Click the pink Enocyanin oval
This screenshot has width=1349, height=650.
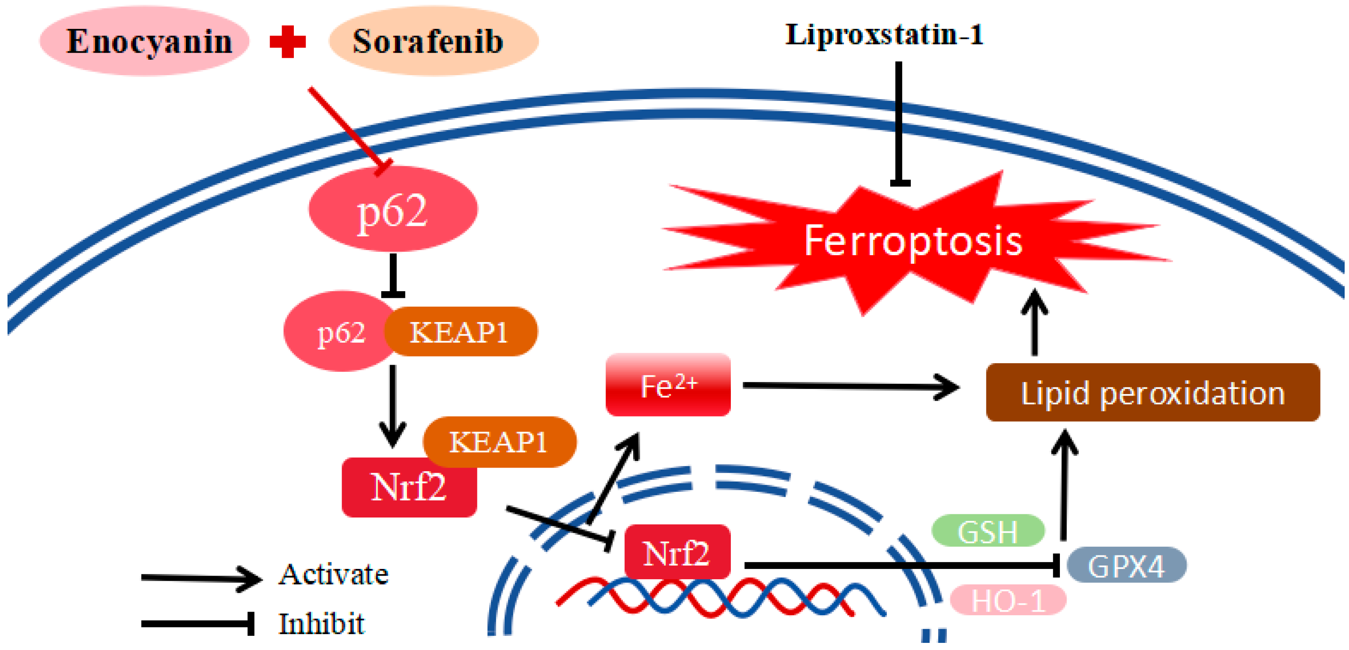[x=144, y=41]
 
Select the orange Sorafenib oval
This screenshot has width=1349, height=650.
[x=433, y=41]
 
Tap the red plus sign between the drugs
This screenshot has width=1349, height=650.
[x=288, y=42]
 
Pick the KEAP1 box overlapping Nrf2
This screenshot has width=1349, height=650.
[x=499, y=441]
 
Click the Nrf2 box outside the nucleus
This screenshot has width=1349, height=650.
[x=409, y=487]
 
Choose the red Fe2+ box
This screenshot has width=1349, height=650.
[x=668, y=385]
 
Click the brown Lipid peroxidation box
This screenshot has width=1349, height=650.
[x=1152, y=393]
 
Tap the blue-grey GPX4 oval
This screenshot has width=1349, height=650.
[x=1126, y=565]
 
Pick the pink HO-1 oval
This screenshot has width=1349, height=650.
[x=1008, y=600]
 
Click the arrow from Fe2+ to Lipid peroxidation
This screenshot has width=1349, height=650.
[x=848, y=387]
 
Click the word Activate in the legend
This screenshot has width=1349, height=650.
[x=333, y=574]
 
